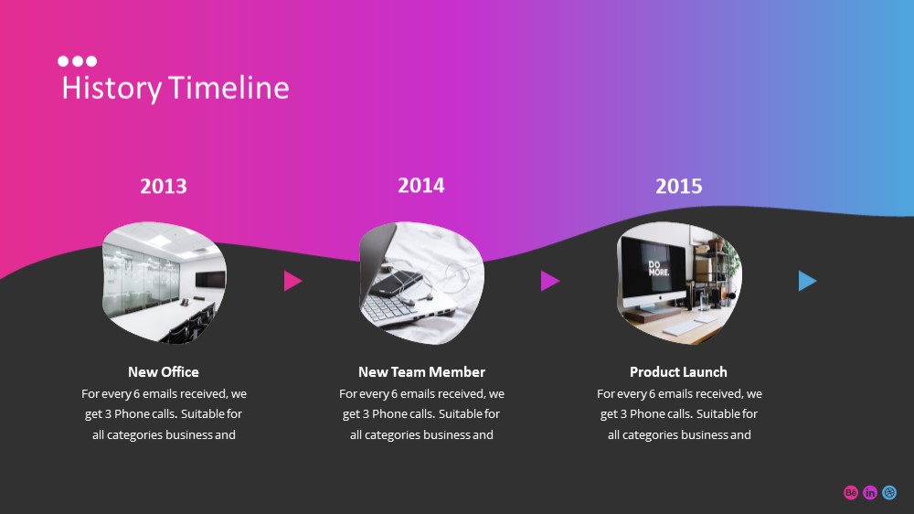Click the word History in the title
pyautogui.click(x=112, y=89)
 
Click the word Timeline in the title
pyautogui.click(x=229, y=88)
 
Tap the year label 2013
pyautogui.click(x=164, y=187)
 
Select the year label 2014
pyautogui.click(x=420, y=186)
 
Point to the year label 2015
pyautogui.click(x=678, y=187)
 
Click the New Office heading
pyautogui.click(x=164, y=371)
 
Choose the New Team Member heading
pyautogui.click(x=421, y=371)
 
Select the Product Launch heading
pyautogui.click(x=678, y=371)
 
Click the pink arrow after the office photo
pyautogui.click(x=292, y=281)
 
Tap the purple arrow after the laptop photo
pyautogui.click(x=549, y=281)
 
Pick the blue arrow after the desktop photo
pyautogui.click(x=807, y=281)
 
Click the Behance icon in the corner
pyautogui.click(x=850, y=492)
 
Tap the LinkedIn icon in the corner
pyautogui.click(x=870, y=492)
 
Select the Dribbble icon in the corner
pyautogui.click(x=889, y=492)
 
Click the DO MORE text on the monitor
pyautogui.click(x=658, y=268)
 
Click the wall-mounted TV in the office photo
pyautogui.click(x=210, y=280)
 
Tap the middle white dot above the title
pyautogui.click(x=77, y=61)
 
